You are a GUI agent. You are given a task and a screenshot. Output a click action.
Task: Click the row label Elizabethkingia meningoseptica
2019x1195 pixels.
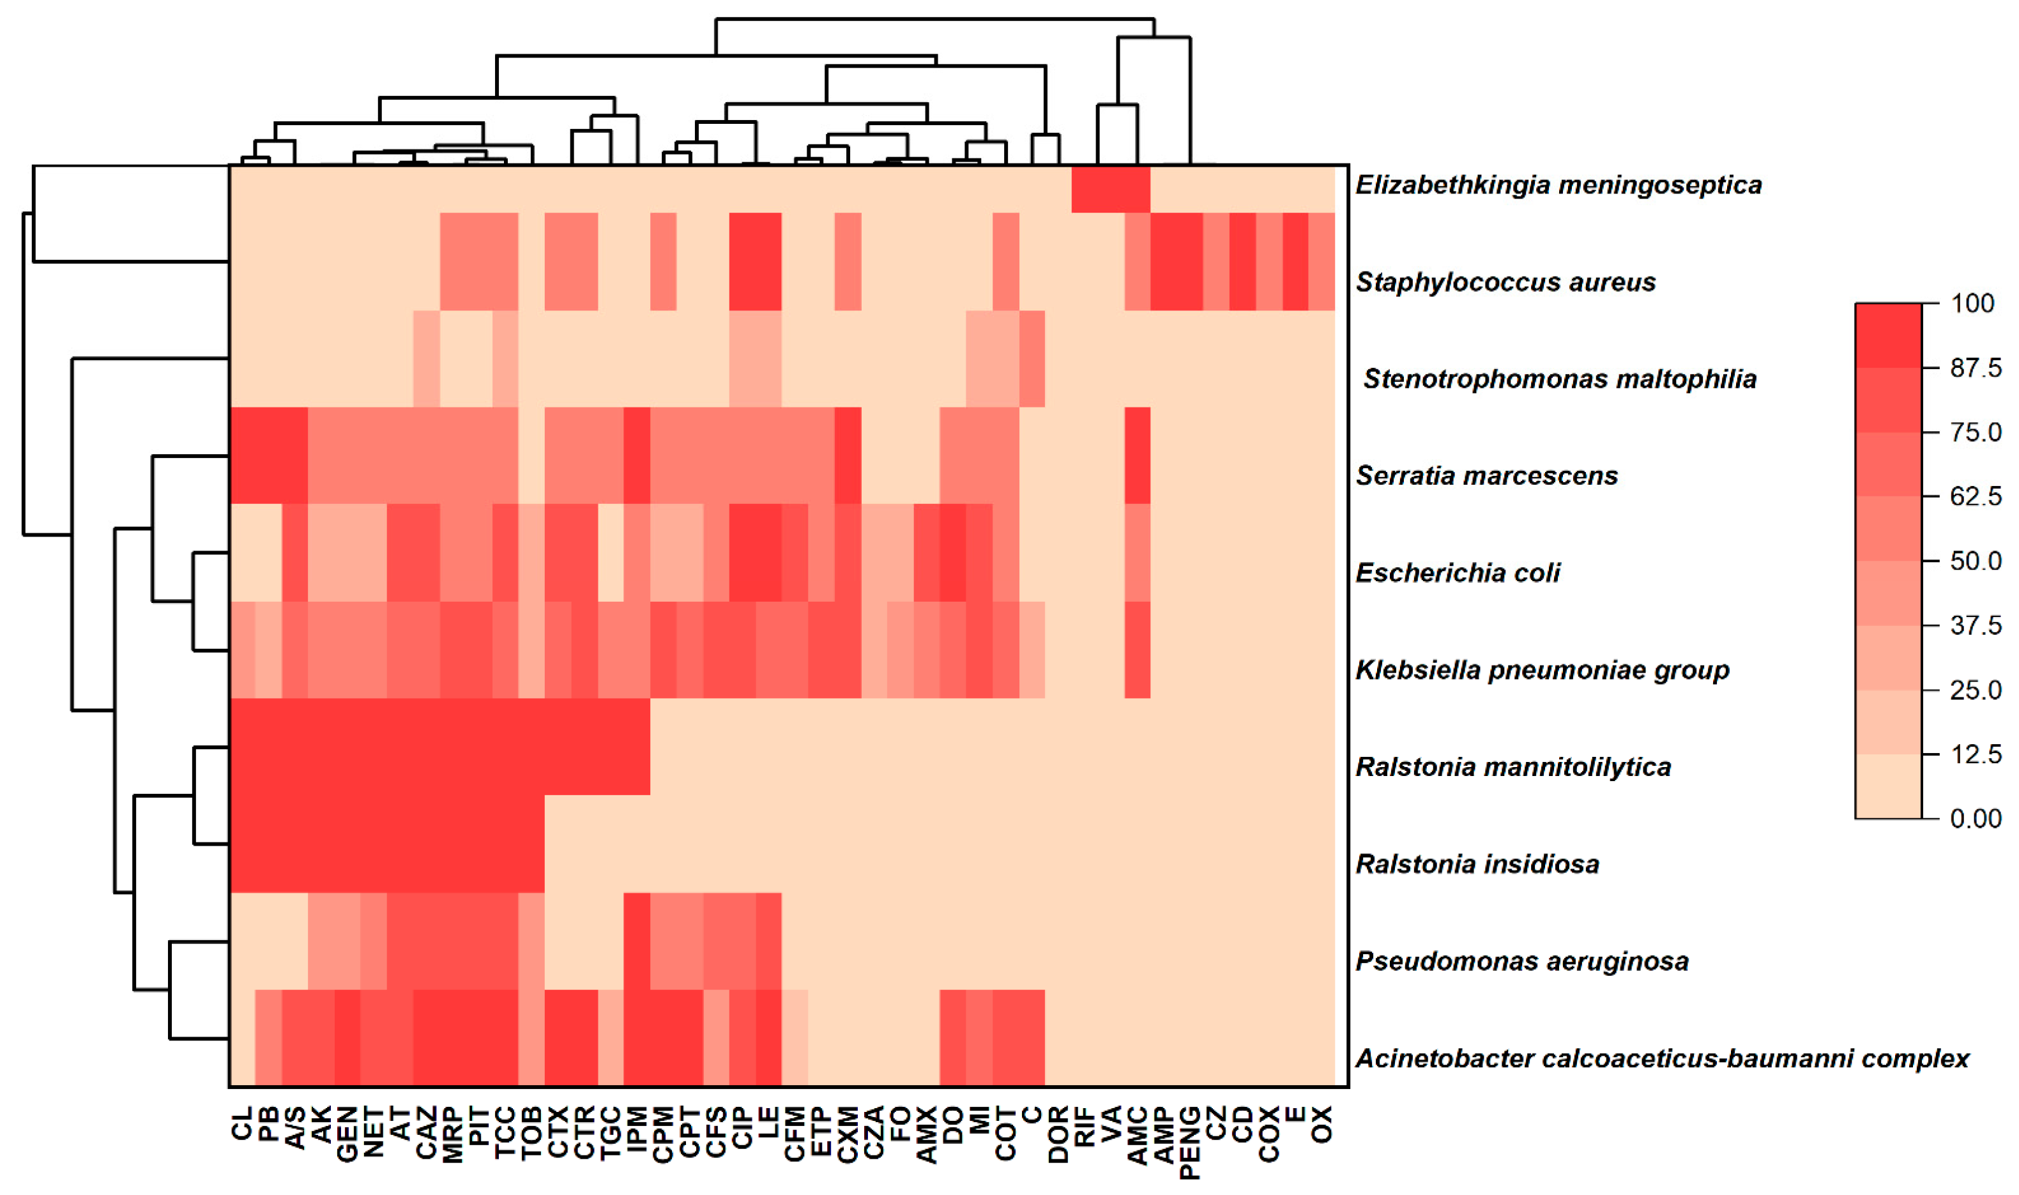[x=1558, y=185]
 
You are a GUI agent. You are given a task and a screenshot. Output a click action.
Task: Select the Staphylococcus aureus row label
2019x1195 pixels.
[x=1505, y=282]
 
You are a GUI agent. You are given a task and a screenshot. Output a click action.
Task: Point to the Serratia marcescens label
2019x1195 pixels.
[x=1486, y=475]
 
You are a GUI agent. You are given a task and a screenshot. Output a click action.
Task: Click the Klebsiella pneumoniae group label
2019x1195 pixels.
[x=1542, y=669]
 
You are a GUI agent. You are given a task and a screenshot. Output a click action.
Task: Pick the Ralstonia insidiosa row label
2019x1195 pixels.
[x=1477, y=864]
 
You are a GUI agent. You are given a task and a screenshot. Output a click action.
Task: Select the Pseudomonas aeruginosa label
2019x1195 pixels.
[x=1521, y=961]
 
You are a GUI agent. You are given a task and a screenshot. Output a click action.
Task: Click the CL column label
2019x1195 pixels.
[x=242, y=1123]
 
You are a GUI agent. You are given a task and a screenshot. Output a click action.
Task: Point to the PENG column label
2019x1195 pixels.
[x=1190, y=1142]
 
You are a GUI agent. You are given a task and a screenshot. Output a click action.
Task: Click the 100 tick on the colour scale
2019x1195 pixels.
[x=1972, y=303]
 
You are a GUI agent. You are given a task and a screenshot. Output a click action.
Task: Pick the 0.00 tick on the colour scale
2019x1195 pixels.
[x=1975, y=818]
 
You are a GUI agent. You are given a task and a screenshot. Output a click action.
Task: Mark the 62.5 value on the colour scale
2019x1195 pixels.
[x=1975, y=496]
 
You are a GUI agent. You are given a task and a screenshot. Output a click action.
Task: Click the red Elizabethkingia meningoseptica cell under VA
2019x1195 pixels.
[x=1111, y=189]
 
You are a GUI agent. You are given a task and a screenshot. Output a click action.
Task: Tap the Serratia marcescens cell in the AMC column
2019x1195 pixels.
[x=1138, y=456]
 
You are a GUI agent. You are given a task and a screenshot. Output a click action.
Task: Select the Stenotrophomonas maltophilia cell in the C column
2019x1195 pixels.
[x=1032, y=359]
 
